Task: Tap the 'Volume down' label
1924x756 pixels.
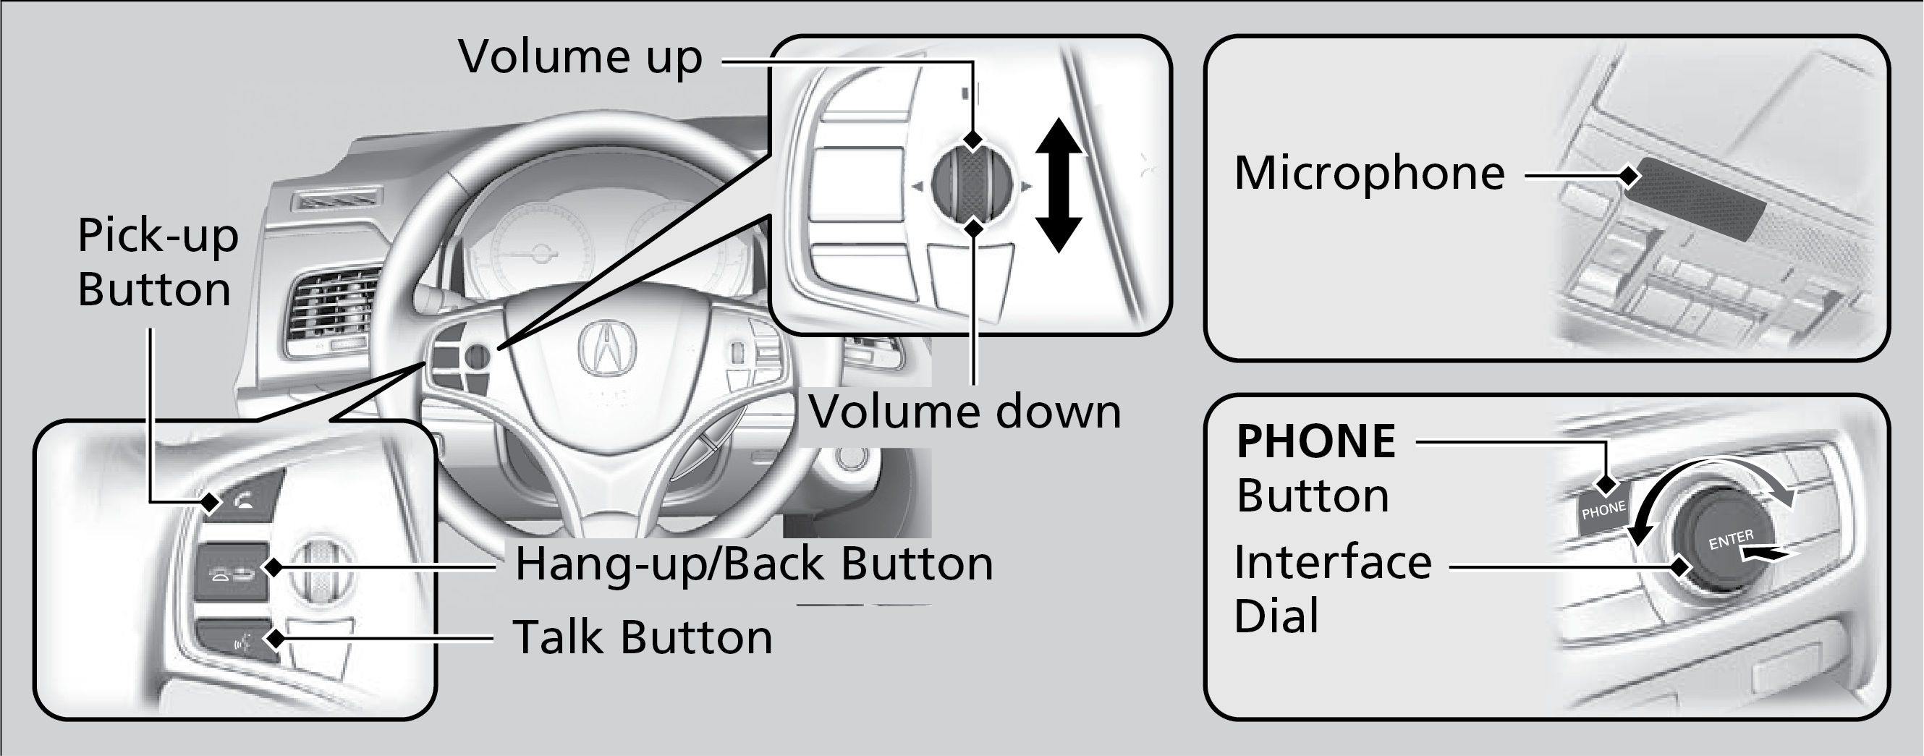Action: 965,412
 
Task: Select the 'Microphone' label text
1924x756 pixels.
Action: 1369,174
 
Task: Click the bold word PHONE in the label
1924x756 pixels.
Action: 1316,441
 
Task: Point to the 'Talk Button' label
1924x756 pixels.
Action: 643,637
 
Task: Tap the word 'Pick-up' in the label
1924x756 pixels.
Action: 158,236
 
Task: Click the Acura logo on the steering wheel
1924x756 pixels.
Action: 607,347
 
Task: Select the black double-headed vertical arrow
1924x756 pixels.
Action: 1059,185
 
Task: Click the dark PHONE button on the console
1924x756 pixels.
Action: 1602,512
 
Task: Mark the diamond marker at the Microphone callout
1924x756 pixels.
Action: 1629,177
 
